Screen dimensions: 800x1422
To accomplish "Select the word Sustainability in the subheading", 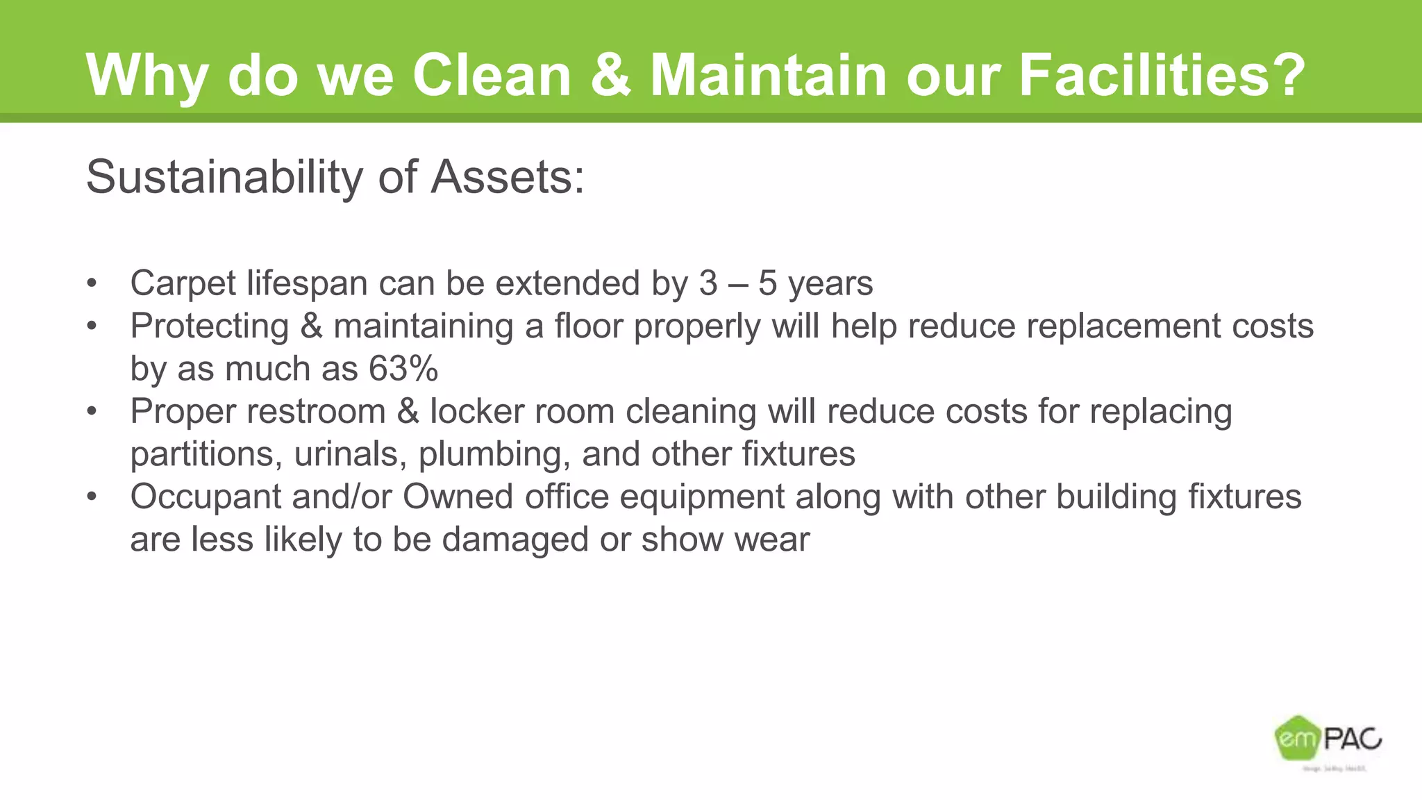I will [x=224, y=177].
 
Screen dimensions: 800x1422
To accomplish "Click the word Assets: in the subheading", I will [x=508, y=177].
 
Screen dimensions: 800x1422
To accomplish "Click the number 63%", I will [x=403, y=369].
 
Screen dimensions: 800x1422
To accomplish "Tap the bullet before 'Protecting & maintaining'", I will [x=92, y=326].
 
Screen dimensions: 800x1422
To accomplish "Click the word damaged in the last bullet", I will [x=515, y=540].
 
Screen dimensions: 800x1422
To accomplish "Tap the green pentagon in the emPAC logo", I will [x=1296, y=737].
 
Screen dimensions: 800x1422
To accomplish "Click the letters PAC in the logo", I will [x=1352, y=739].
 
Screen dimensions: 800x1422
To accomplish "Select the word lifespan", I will [x=307, y=284].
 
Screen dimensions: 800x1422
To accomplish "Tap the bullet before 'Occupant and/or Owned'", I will [x=92, y=497].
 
